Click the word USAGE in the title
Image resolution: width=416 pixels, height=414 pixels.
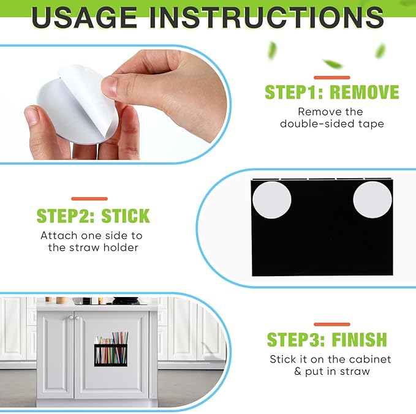click(84, 18)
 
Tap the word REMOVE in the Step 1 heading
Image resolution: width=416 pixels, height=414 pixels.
click(365, 92)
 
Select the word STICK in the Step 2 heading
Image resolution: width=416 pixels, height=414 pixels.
click(126, 216)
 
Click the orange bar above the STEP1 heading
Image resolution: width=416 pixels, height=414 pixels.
click(332, 77)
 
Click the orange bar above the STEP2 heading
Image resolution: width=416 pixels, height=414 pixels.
click(89, 198)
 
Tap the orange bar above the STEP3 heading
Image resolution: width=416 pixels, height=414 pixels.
click(332, 325)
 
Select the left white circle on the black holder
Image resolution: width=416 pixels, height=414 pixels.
click(271, 200)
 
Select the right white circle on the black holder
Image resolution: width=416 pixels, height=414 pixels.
click(373, 200)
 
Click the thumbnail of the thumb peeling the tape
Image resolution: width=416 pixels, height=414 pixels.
click(109, 87)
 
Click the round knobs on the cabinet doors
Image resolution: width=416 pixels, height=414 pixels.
click(74, 317)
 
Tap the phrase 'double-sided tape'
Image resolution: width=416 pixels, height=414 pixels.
click(332, 124)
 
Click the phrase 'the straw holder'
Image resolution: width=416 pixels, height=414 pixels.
click(93, 247)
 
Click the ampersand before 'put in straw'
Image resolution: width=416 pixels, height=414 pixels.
click(298, 372)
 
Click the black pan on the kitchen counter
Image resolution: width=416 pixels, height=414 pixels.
click(126, 301)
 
